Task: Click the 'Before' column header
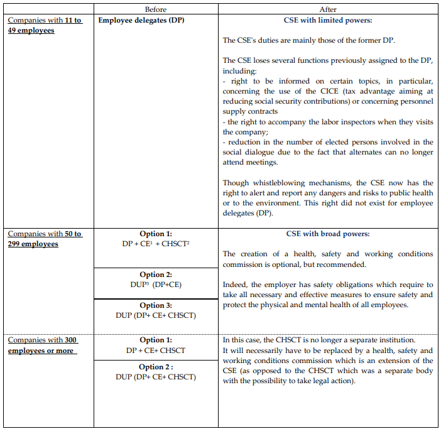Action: click(x=155, y=9)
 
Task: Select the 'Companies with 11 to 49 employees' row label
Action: click(x=45, y=25)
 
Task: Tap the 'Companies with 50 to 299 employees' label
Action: click(x=45, y=239)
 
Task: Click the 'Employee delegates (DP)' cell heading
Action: click(x=141, y=20)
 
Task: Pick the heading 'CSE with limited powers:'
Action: click(x=328, y=20)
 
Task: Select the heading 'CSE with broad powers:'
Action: click(x=328, y=234)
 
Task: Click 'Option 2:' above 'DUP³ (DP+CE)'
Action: click(x=155, y=274)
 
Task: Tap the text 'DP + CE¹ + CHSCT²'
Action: click(x=155, y=243)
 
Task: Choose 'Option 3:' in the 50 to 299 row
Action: click(x=155, y=306)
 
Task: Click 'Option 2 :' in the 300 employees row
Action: click(x=155, y=367)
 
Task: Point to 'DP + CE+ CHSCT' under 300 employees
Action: click(x=155, y=350)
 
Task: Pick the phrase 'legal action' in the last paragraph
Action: click(x=334, y=381)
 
